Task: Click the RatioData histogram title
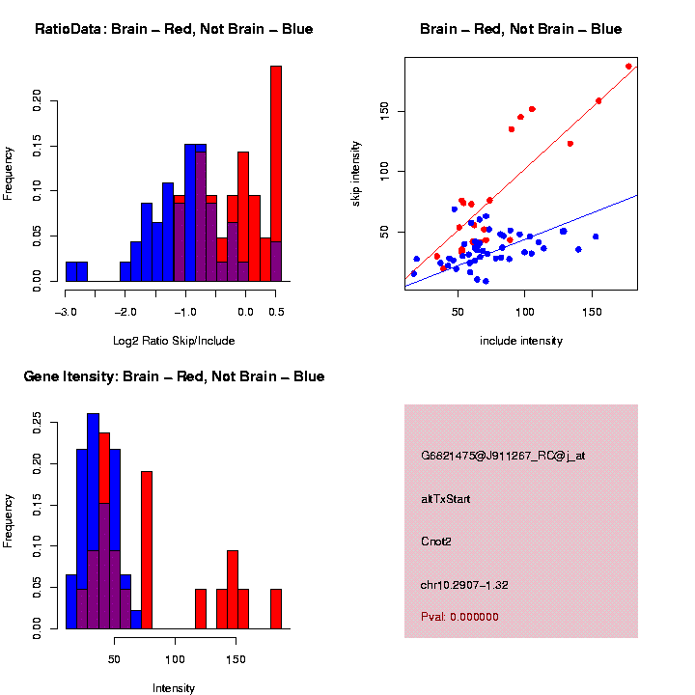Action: [174, 29]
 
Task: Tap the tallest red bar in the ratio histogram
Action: [276, 174]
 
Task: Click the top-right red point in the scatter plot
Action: [628, 67]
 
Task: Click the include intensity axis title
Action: [521, 341]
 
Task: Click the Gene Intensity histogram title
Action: [174, 376]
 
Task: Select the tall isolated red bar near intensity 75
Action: [147, 550]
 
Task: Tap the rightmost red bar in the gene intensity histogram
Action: [276, 609]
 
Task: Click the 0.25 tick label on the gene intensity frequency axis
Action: [38, 421]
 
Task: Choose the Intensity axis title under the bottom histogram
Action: [174, 688]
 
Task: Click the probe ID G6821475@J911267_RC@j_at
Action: [503, 456]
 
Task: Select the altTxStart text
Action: [445, 499]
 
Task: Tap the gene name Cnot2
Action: [436, 542]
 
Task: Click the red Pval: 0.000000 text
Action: [459, 617]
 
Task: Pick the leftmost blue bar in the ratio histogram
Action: [76, 272]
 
